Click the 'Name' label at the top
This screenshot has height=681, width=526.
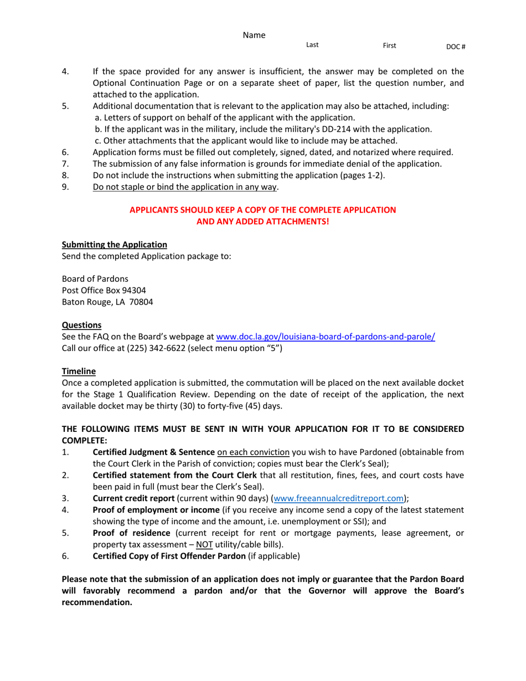pyautogui.click(x=254, y=35)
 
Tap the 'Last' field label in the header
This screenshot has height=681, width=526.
pyautogui.click(x=312, y=45)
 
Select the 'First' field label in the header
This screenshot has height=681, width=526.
pyautogui.click(x=389, y=45)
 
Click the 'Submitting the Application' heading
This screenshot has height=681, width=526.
pyautogui.click(x=114, y=244)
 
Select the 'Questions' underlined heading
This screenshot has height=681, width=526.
pyautogui.click(x=81, y=325)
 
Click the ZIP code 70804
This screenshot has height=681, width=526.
pyautogui.click(x=142, y=302)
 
